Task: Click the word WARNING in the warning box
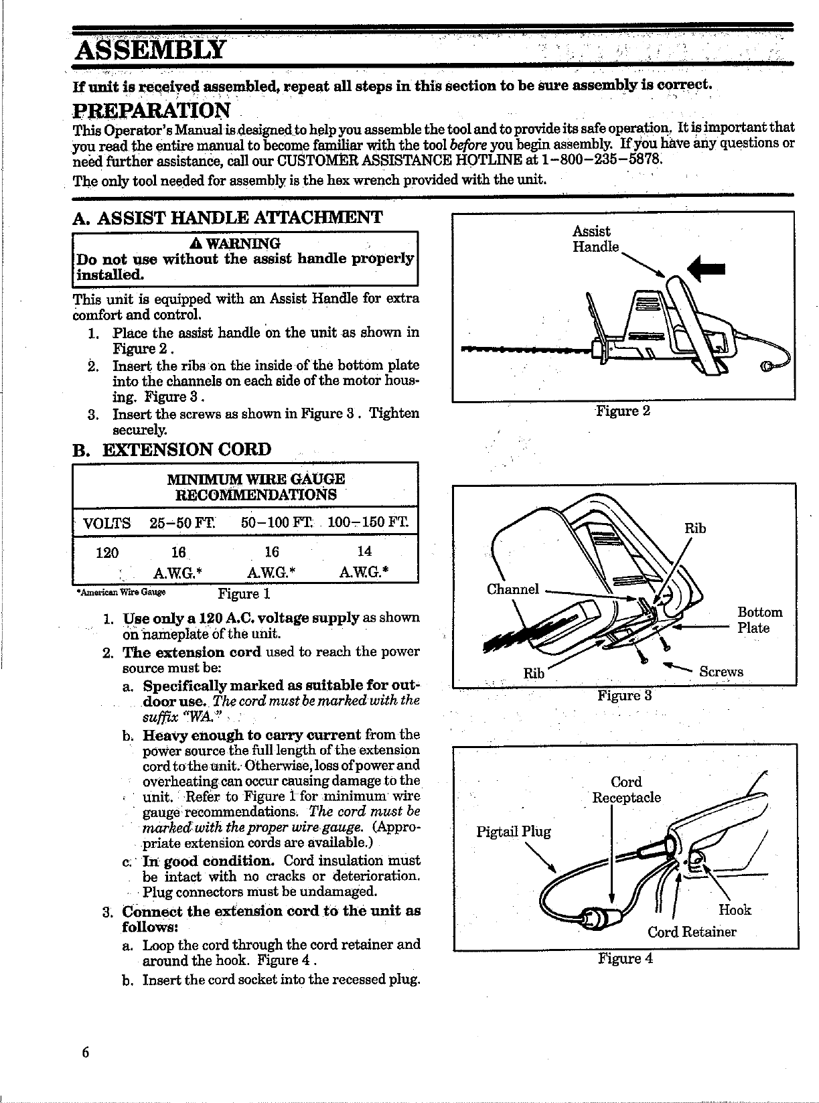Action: coord(245,242)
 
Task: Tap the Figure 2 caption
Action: coord(623,411)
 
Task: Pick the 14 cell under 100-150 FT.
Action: coord(365,551)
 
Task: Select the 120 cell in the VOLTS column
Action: coord(107,553)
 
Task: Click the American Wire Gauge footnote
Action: coord(121,592)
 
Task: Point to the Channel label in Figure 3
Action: coord(512,589)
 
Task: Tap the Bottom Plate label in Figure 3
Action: coord(759,620)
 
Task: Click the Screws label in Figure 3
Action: coord(721,672)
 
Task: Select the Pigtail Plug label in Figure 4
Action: coord(513,832)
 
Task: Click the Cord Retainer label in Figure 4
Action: coord(691,932)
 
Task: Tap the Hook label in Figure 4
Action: coord(735,909)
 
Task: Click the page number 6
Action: coord(85,1051)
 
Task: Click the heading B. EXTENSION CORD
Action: coord(172,449)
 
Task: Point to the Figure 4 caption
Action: coord(625,958)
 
